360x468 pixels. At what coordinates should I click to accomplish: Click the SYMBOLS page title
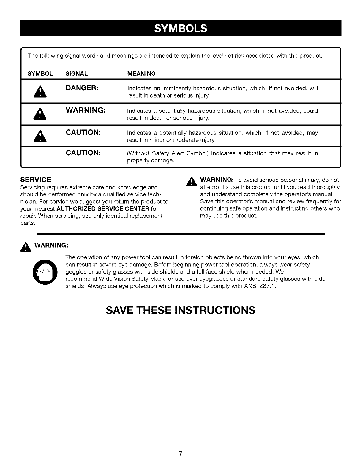pos(181,28)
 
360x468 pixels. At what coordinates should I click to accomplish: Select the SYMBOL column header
pos(40,73)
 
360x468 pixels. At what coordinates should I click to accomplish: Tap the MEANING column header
pos(141,73)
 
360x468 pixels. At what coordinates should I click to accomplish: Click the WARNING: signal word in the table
pos(86,110)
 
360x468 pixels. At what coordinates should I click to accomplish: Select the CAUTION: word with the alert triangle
pos(83,132)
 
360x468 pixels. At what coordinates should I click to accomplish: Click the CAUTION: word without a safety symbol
pos(83,153)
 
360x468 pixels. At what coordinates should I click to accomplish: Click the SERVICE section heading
pos(36,180)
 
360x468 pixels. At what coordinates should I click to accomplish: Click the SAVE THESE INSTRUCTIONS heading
pos(181,310)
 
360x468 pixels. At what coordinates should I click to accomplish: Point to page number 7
pos(180,453)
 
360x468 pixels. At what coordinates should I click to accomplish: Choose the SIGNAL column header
pos(76,73)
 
